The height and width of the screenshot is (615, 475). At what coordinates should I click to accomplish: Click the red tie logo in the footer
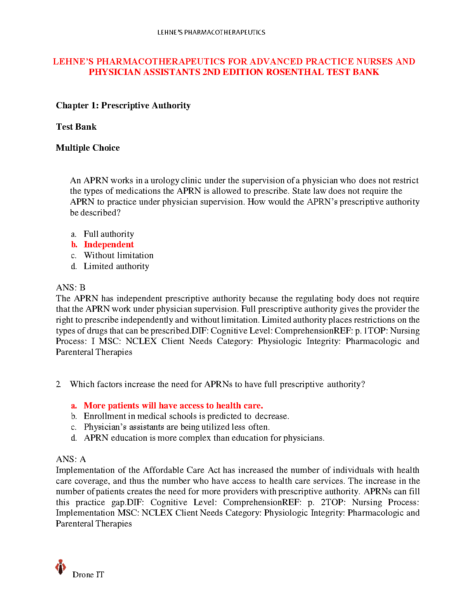60,567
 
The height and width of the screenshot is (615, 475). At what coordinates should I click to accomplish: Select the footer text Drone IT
88,575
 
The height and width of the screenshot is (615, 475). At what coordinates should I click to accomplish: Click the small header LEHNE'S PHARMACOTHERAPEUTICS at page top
211,32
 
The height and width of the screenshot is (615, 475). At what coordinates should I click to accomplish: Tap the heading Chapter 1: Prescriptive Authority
123,106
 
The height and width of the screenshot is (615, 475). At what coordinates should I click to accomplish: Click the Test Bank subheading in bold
76,127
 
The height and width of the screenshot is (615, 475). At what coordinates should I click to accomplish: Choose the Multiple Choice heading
88,148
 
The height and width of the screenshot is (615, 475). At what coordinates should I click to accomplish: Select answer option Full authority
109,234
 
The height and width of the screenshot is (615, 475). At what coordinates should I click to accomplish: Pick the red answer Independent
109,245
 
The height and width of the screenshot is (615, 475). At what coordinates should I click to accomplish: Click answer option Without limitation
118,255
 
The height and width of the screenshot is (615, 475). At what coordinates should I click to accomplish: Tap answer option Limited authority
116,266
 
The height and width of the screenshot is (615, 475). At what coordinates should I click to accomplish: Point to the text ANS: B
70,288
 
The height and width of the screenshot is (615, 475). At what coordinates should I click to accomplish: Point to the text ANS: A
71,459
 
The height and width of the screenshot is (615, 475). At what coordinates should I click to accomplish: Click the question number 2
58,384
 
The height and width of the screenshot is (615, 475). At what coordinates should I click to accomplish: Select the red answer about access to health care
173,406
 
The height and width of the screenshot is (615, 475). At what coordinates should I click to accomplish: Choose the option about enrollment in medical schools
186,416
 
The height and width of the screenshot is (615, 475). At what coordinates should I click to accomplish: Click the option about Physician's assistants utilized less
177,427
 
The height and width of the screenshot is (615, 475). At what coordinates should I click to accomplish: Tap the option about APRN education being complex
204,438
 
